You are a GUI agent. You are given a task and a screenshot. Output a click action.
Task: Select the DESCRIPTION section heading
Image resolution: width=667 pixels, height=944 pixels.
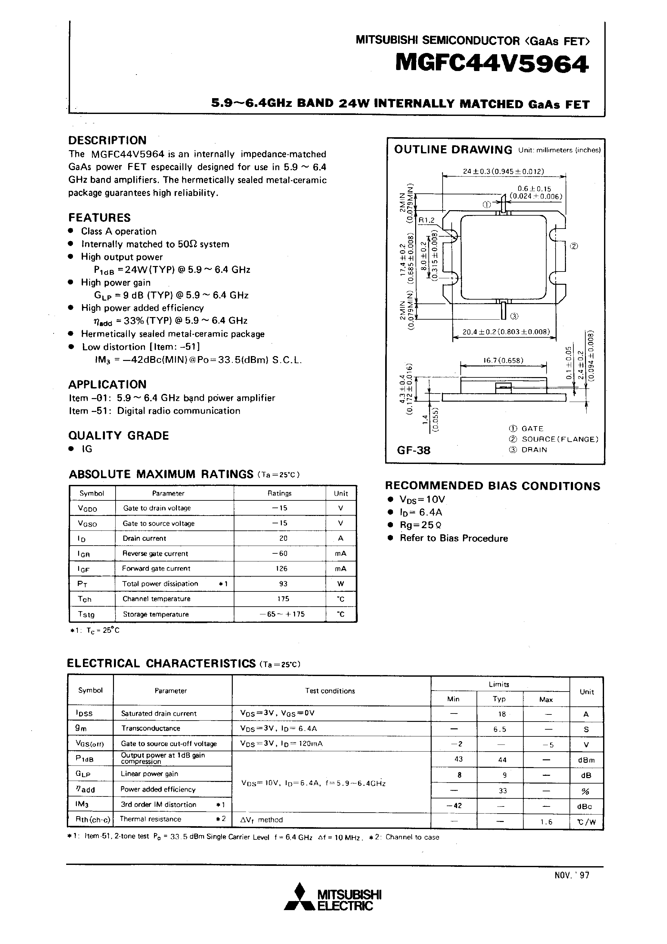point(107,140)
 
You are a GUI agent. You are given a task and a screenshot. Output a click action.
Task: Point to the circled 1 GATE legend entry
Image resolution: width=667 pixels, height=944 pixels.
point(526,428)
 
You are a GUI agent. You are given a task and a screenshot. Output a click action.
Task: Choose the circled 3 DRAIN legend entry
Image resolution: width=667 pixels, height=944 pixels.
point(528,450)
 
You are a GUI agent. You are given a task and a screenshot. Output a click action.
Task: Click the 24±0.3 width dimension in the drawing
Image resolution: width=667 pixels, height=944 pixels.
point(503,171)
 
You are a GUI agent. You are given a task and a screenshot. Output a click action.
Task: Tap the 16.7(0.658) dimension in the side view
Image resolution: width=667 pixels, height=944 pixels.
point(503,361)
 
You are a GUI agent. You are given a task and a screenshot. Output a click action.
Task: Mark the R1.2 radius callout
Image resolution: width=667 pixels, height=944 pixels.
point(426,220)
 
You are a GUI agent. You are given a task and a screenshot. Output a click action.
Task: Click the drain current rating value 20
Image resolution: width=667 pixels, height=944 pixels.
point(283,538)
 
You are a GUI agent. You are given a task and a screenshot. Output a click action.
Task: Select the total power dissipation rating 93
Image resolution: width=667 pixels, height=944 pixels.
point(283,583)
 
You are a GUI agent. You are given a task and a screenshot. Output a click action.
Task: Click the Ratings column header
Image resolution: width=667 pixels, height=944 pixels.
point(280,493)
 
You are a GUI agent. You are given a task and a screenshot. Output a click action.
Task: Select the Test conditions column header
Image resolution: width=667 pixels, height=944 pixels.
point(330,691)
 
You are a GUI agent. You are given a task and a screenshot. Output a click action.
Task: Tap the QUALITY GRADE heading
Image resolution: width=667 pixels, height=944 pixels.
point(118,436)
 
